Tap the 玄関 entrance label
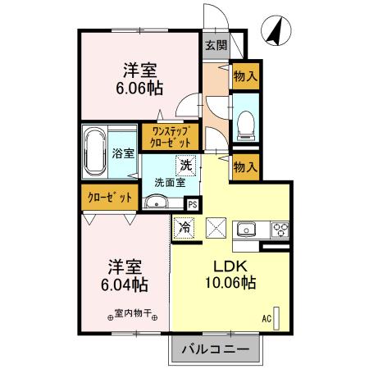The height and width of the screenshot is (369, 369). click(216, 46)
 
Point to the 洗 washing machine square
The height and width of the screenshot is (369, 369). click(186, 165)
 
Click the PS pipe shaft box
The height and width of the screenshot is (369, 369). click(193, 205)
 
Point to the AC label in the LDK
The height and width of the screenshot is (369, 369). click(266, 317)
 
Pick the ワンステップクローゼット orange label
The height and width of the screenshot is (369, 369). click(168, 136)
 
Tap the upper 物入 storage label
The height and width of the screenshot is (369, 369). click(245, 76)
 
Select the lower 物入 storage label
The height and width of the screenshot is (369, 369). click(245, 166)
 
